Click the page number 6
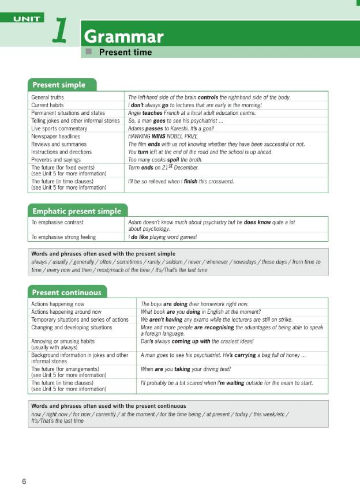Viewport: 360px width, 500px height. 24,482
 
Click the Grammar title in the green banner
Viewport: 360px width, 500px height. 123,37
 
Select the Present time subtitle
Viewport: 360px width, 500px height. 125,52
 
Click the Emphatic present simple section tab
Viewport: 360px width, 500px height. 77,211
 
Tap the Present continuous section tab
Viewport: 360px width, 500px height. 66,292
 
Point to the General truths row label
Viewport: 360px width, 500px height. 48,98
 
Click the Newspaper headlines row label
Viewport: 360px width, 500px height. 58,137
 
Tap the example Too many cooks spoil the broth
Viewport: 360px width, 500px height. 165,160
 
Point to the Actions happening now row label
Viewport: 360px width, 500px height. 58,304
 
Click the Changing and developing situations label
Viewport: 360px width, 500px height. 72,328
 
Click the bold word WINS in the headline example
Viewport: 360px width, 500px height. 151,137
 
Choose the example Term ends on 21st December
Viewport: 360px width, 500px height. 163,168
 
